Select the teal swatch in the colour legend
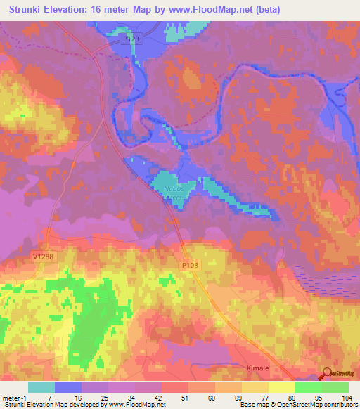(41, 387)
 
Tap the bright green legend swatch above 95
(309, 387)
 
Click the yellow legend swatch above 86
(282, 387)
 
